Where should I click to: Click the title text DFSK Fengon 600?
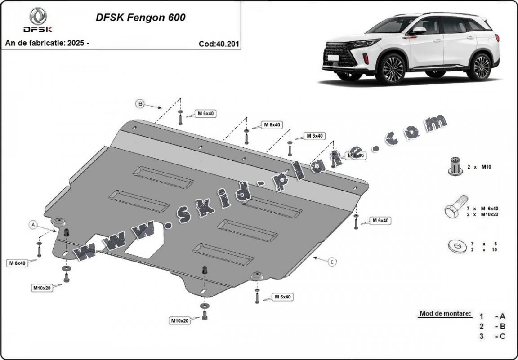coord(140,18)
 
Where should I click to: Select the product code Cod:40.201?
coord(219,44)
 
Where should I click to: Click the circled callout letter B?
coord(140,104)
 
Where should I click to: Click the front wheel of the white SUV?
coord(393,69)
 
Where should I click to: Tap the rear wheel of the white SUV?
coord(481,66)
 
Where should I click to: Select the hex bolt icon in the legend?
coord(455,209)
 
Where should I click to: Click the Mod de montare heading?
coord(445,313)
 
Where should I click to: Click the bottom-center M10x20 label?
coord(179,320)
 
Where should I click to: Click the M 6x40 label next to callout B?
coord(206,114)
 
